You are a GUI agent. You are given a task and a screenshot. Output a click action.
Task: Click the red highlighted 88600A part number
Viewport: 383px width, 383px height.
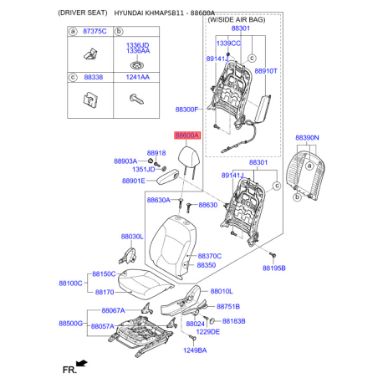[187, 135]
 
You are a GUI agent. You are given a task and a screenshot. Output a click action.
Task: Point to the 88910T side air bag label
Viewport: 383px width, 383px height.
[265, 73]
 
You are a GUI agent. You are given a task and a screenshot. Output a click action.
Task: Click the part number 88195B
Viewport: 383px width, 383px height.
[274, 268]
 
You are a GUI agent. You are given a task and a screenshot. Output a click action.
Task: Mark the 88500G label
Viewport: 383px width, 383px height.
[70, 323]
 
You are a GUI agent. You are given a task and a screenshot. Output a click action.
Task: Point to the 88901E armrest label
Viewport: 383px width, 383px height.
[133, 180]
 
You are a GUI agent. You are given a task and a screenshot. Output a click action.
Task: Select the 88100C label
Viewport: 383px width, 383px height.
[70, 283]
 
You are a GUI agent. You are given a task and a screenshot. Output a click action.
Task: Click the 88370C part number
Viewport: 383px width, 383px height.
[208, 256]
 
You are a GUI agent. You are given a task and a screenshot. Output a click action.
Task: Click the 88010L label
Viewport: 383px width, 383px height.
[222, 291]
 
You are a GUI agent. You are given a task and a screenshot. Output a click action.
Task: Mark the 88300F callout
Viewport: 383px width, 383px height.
[186, 110]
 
